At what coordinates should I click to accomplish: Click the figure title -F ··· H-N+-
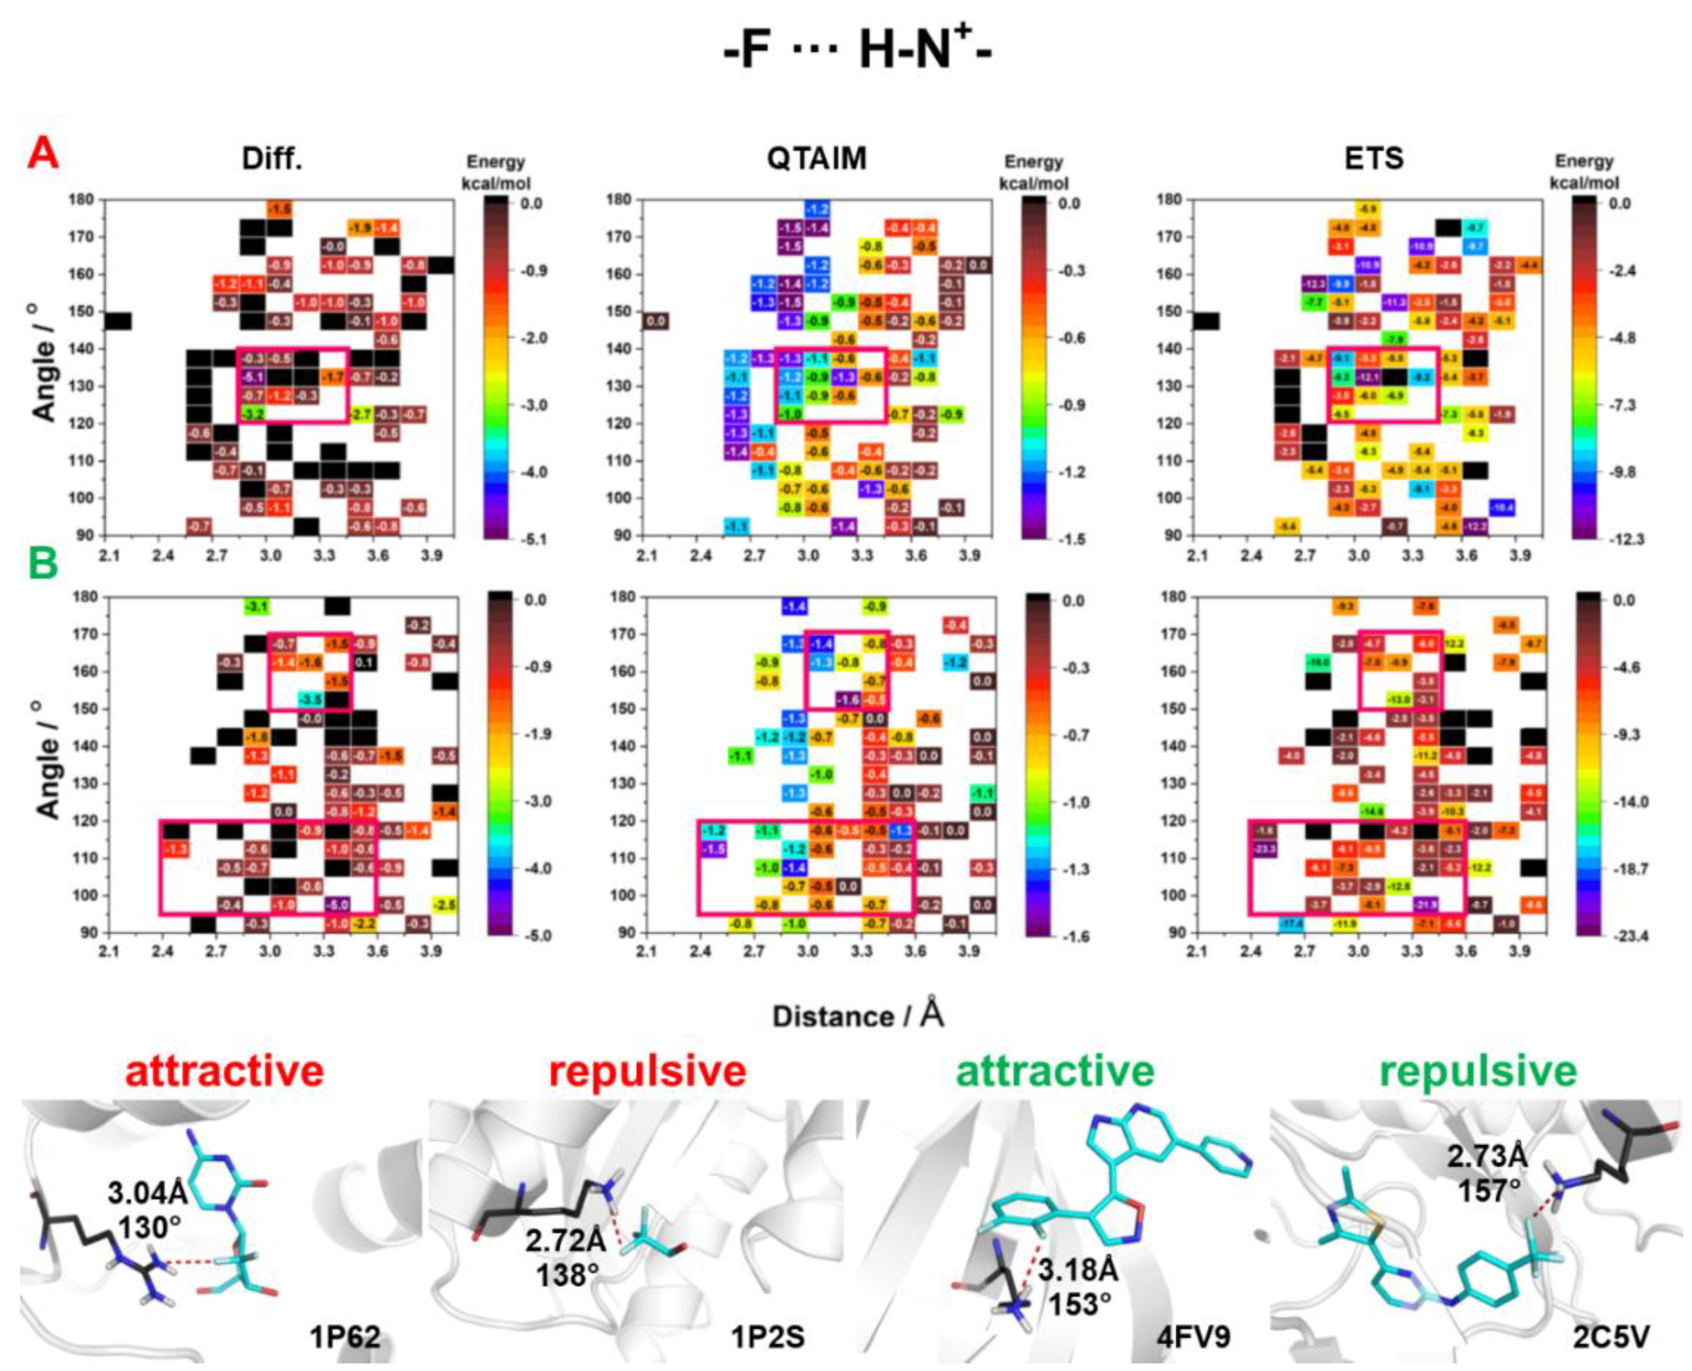pyautogui.click(x=857, y=54)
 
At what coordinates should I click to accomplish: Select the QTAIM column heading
pyautogui.click(x=816, y=159)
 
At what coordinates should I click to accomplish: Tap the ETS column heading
pyautogui.click(x=1374, y=159)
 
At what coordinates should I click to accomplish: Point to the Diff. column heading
pyautogui.click(x=272, y=159)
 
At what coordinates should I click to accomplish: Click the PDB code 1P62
pyautogui.click(x=345, y=1336)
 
